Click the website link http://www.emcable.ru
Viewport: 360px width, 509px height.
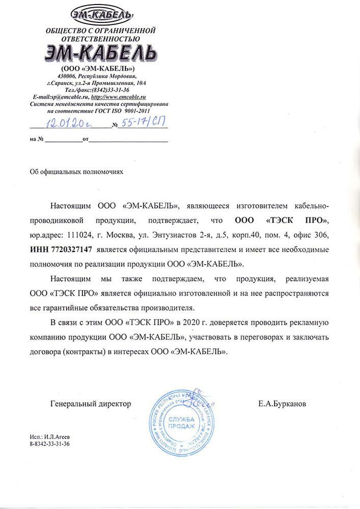click(x=120, y=96)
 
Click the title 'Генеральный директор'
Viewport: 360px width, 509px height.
click(x=91, y=404)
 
